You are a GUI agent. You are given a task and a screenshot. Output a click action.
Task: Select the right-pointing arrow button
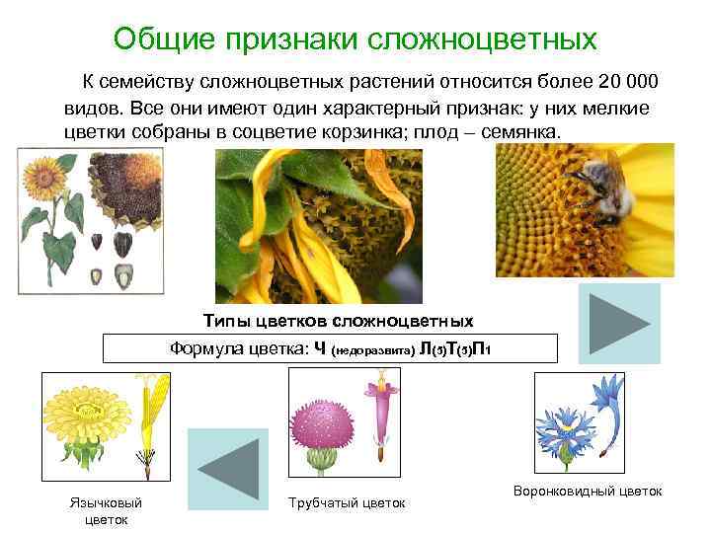coord(619,323)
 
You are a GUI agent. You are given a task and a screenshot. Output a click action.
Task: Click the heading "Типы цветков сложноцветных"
coord(338,321)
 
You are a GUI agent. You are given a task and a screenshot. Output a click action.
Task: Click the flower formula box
coord(331,348)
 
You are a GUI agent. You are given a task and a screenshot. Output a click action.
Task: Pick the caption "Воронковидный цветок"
coord(588,491)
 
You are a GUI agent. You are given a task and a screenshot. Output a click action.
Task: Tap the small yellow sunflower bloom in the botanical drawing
coord(42,179)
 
